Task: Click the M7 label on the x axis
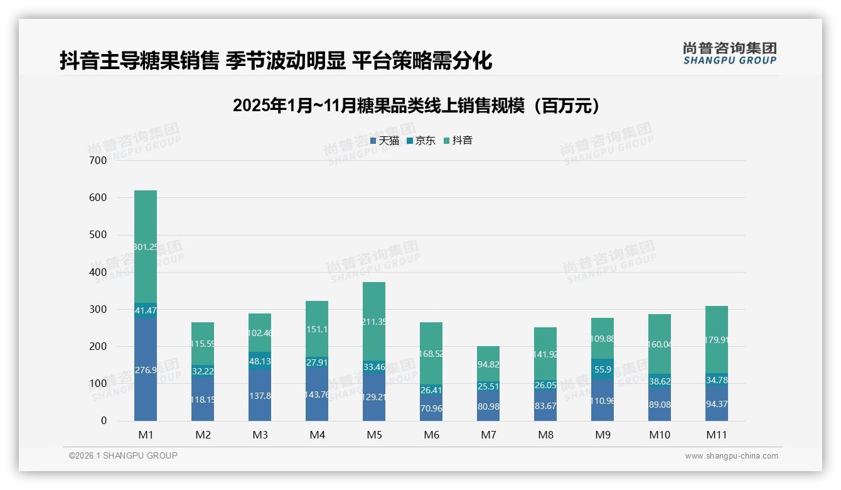pos(488,435)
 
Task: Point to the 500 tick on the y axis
pos(99,235)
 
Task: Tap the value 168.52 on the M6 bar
pos(431,354)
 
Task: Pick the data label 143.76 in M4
pos(317,395)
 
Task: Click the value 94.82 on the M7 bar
pos(488,364)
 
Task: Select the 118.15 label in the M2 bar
pos(203,400)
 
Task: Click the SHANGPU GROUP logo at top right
pos(729,53)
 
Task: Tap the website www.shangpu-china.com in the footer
pos(731,456)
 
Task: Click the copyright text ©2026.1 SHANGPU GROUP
pos(123,455)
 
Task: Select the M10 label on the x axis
pos(660,435)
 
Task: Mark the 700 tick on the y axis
pos(99,160)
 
